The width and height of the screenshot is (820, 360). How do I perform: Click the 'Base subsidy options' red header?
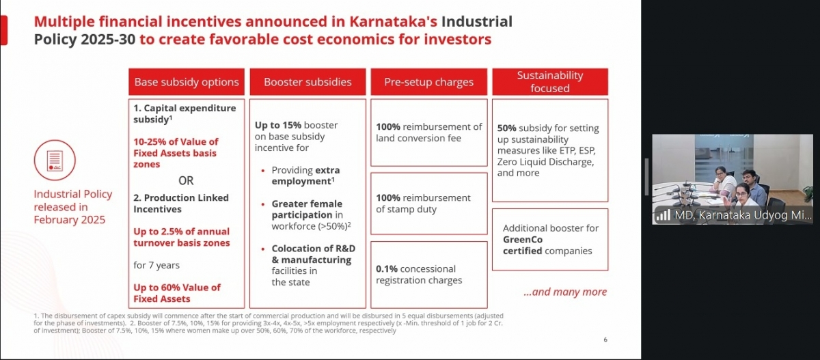tap(187, 82)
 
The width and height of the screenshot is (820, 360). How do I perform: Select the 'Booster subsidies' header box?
tap(307, 82)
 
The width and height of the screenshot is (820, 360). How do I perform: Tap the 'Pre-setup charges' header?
tap(428, 82)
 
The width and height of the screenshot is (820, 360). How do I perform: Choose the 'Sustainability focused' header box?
tap(549, 82)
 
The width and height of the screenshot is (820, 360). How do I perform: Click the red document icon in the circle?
tap(55, 160)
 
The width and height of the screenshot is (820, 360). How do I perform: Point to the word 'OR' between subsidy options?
tap(186, 181)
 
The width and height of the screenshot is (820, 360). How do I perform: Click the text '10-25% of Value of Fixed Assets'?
tap(176, 153)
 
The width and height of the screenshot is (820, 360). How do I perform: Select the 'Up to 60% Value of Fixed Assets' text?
tap(177, 293)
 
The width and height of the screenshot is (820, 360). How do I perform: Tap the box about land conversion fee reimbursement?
tap(428, 133)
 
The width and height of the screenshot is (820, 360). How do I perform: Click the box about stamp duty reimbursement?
tap(428, 204)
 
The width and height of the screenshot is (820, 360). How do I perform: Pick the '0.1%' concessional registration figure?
tap(387, 269)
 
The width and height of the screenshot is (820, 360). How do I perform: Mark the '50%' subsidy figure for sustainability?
tap(507, 128)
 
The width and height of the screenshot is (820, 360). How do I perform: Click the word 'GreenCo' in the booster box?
tap(523, 239)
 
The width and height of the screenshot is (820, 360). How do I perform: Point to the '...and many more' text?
tap(565, 292)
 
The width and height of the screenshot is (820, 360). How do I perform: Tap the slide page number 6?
tap(605, 340)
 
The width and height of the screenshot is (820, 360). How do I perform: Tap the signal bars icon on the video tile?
tap(663, 215)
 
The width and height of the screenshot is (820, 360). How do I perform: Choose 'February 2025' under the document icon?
tap(70, 219)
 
